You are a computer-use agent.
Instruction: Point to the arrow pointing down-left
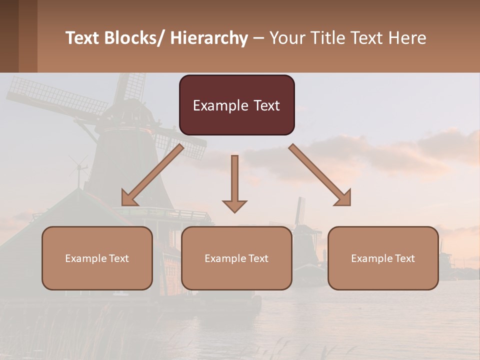[152, 175]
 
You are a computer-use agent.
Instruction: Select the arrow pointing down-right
[320, 175]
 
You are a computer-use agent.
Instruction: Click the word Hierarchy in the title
[209, 38]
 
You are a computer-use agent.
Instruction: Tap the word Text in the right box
[404, 258]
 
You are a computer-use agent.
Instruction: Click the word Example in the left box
[86, 258]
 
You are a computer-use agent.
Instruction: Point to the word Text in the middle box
[258, 258]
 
